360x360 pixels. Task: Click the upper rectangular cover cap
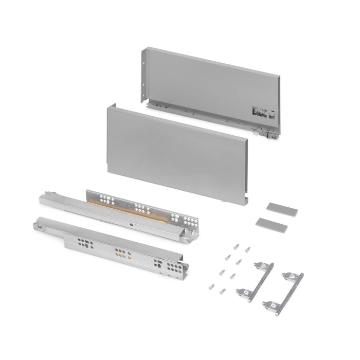click(281, 209)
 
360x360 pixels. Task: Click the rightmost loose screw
click(248, 249)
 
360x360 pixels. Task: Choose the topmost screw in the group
click(237, 246)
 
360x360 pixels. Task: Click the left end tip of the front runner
click(37, 224)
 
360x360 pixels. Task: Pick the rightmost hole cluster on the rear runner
click(189, 222)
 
